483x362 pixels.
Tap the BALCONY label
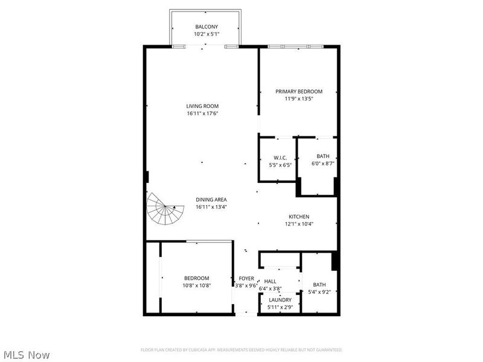pos(206,27)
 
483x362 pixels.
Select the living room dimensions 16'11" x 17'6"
pos(202,113)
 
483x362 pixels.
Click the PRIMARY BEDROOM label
pos(299,92)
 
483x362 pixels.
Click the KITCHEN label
pos(299,217)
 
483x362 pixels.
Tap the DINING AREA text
pos(211,200)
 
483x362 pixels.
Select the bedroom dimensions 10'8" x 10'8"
pos(197,285)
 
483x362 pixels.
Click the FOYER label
pos(246,278)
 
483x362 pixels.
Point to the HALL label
pos(270,282)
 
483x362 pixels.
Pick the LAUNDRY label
pos(280,300)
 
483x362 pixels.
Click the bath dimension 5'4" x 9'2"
pos(319,292)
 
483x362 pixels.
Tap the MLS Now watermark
pos(27,355)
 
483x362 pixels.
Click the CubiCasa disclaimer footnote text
pos(241,349)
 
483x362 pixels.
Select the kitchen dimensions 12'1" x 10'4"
pos(299,224)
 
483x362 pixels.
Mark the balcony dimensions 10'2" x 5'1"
pos(206,34)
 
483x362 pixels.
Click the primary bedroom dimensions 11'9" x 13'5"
pos(299,99)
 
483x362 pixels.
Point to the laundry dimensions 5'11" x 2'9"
pos(280,308)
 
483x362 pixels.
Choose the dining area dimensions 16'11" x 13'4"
pos(211,207)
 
